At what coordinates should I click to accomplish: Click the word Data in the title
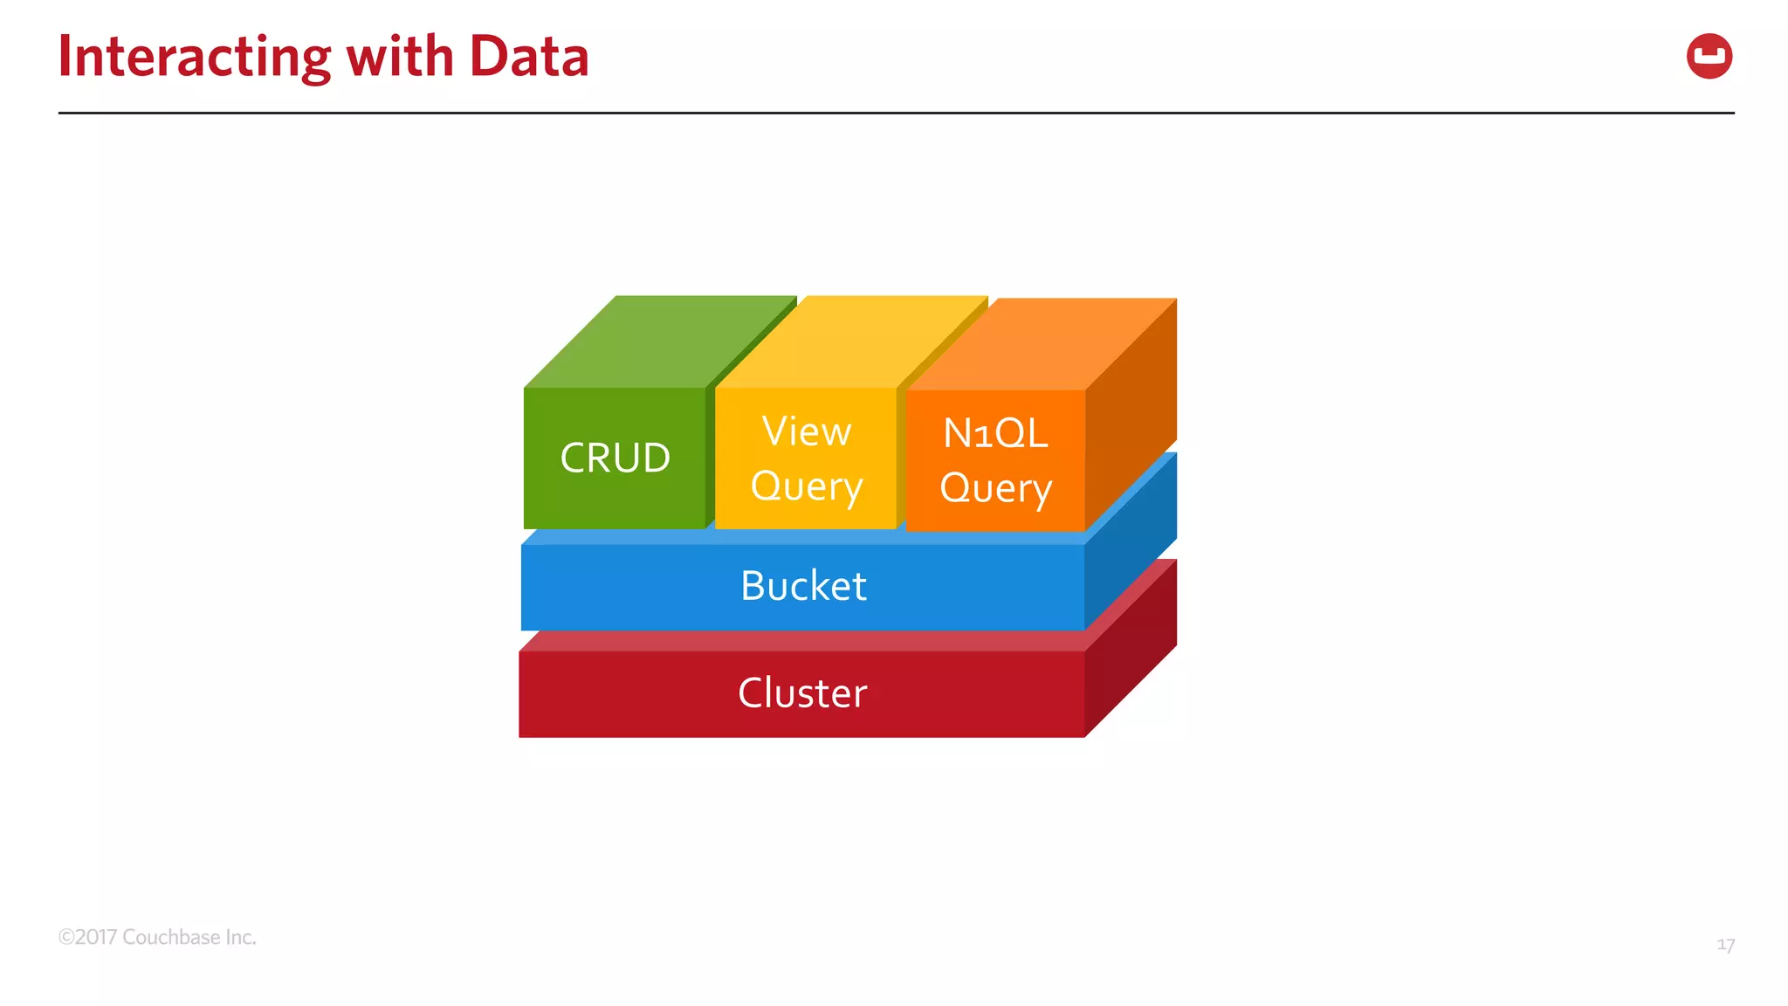pos(528,58)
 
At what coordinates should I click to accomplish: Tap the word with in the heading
pos(399,58)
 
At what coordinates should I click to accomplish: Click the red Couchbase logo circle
pos(1709,57)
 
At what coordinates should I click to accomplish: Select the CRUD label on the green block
pos(615,458)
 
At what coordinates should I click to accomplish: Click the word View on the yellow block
pos(806,431)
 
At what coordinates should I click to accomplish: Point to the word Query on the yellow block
pos(806,486)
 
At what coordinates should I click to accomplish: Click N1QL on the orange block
pos(995,433)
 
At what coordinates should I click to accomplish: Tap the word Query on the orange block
pos(995,488)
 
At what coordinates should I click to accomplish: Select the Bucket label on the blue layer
pos(803,586)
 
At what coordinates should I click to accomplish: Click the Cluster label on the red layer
pos(802,693)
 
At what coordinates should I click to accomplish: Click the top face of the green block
pos(659,342)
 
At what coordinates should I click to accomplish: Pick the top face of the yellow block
pos(851,342)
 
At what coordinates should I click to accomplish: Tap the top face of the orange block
pos(1043,344)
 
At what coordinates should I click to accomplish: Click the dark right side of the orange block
pos(1131,410)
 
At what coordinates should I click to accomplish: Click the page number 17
pos(1725,945)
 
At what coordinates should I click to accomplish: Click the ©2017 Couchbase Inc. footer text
pos(157,937)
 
